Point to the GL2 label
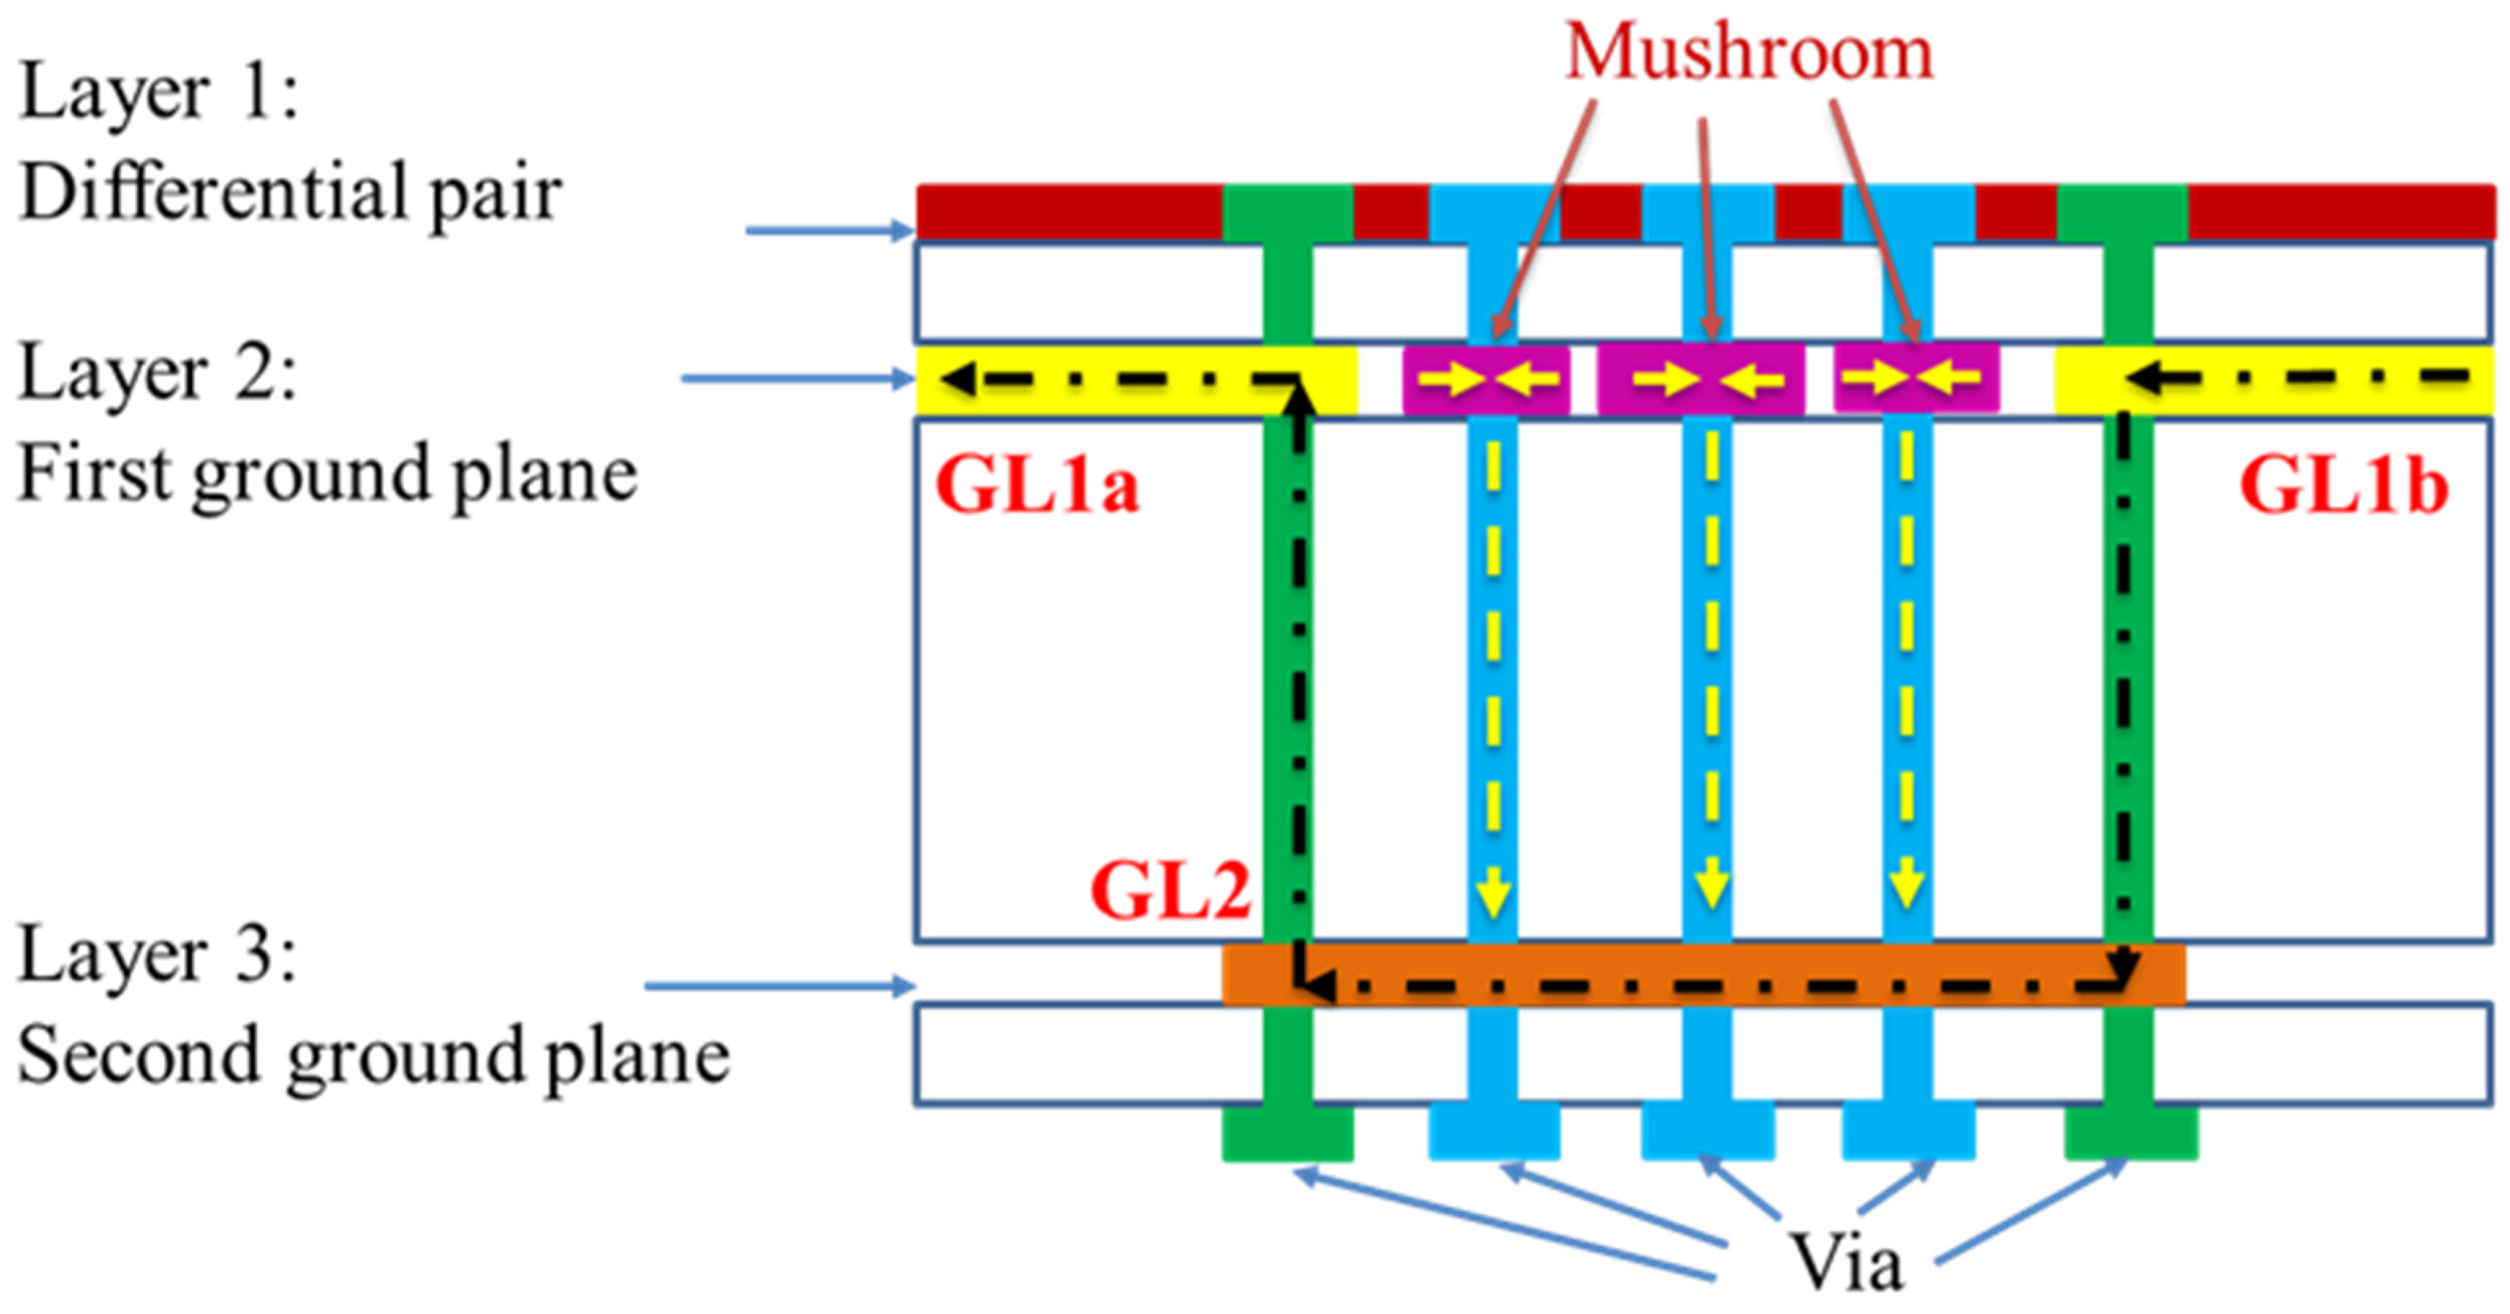1170,891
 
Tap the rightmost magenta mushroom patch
1916,377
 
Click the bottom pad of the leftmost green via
1287,1134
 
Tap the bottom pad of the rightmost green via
2131,1134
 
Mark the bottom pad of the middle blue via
1707,1134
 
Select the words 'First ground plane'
327,474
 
